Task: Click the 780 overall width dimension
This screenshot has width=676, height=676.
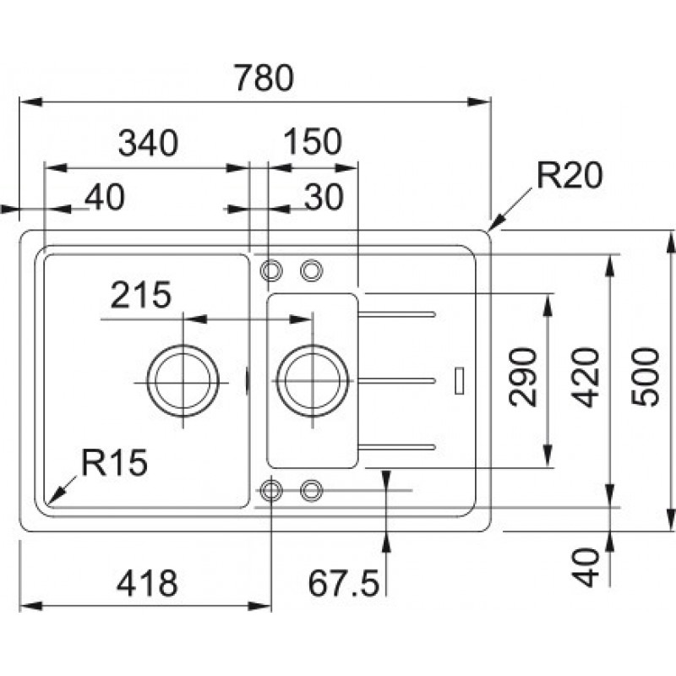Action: [x=264, y=79]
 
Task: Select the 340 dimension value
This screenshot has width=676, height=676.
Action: [x=148, y=143]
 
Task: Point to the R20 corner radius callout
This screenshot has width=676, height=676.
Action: [x=568, y=177]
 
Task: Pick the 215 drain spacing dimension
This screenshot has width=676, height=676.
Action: [x=140, y=296]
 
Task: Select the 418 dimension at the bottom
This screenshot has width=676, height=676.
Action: [x=147, y=582]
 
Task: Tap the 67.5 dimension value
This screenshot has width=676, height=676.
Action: [x=342, y=582]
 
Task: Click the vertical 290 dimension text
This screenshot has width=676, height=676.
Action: [x=524, y=376]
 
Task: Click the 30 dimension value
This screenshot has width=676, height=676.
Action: [x=323, y=197]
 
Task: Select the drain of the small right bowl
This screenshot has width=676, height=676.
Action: [x=312, y=380]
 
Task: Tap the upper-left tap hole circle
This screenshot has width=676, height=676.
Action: [x=271, y=270]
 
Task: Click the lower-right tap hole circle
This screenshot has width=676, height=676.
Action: [x=311, y=489]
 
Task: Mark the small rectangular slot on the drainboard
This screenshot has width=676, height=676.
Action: [x=459, y=379]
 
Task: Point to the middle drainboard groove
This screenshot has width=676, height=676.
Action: [x=397, y=379]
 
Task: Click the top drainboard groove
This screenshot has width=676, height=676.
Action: [x=397, y=313]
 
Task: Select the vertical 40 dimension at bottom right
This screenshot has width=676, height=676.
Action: [x=589, y=567]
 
